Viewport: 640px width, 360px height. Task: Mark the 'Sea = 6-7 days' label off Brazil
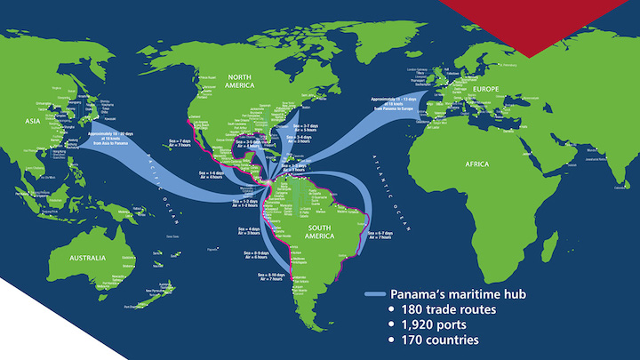(380, 232)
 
